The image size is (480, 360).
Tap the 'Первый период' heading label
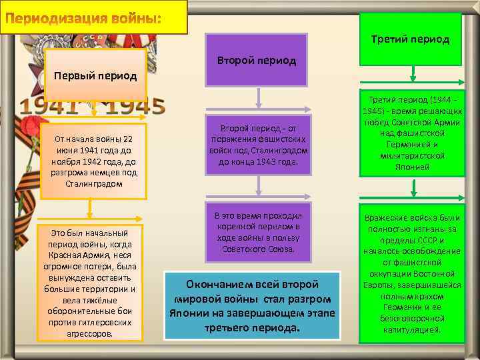pos(95,75)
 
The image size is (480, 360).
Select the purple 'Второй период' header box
pos(257,60)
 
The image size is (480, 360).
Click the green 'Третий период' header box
pos(410,39)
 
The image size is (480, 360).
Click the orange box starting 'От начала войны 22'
pos(93,160)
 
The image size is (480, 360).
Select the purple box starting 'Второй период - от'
pos(257,146)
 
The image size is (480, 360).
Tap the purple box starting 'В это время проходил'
pos(257,233)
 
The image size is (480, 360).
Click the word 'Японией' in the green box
pos(409,167)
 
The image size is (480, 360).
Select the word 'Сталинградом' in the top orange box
pos(94,182)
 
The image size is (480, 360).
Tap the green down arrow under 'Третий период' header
pos(414,72)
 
